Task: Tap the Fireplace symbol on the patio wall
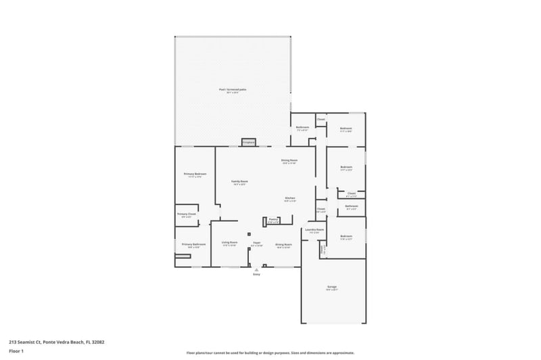[248, 142]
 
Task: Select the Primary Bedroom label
[195, 174]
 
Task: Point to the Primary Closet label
[187, 215]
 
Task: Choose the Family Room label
[239, 181]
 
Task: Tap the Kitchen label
[289, 198]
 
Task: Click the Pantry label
[273, 219]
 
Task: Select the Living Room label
[229, 243]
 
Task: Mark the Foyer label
[257, 243]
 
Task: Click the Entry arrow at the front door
[257, 269]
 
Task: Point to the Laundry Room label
[314, 230]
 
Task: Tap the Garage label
[332, 287]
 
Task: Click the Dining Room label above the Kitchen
[289, 160]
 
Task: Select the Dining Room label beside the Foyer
[283, 244]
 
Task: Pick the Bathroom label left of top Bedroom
[302, 127]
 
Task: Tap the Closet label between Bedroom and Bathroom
[352, 194]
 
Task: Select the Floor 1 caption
[16, 351]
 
